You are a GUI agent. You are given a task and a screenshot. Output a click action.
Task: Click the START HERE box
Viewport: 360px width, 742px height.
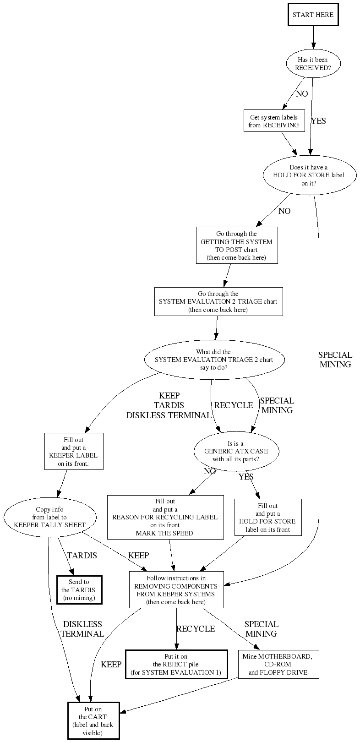[313, 15]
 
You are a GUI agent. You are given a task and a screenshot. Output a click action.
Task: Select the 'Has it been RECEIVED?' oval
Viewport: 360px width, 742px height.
[313, 64]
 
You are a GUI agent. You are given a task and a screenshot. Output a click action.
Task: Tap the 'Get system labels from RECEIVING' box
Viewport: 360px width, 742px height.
[274, 121]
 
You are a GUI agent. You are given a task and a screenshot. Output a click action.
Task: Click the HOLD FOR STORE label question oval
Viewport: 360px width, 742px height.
[309, 175]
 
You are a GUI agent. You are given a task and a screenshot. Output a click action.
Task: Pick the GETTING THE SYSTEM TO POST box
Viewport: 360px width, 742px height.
[236, 246]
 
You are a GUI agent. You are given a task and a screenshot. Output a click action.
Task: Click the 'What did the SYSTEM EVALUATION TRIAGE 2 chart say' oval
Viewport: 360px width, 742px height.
[214, 360]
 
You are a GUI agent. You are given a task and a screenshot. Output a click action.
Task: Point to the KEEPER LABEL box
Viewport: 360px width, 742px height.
[73, 452]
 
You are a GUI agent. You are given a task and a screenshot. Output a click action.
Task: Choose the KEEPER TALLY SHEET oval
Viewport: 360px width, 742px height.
[50, 518]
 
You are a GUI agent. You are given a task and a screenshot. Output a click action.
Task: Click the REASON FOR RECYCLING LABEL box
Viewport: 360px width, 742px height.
[165, 517]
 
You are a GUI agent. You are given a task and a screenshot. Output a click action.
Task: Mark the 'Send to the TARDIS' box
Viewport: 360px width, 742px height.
[79, 590]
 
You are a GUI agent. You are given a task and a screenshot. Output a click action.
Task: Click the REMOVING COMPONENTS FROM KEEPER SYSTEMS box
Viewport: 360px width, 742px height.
[176, 590]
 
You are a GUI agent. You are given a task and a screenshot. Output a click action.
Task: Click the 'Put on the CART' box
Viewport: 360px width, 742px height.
[93, 720]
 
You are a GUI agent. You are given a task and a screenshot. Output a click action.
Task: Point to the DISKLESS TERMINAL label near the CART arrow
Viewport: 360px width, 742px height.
[82, 629]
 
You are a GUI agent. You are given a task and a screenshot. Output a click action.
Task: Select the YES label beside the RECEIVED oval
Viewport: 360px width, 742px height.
[318, 121]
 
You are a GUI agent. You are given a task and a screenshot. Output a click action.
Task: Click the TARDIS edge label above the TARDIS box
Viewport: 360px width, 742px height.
[82, 556]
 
